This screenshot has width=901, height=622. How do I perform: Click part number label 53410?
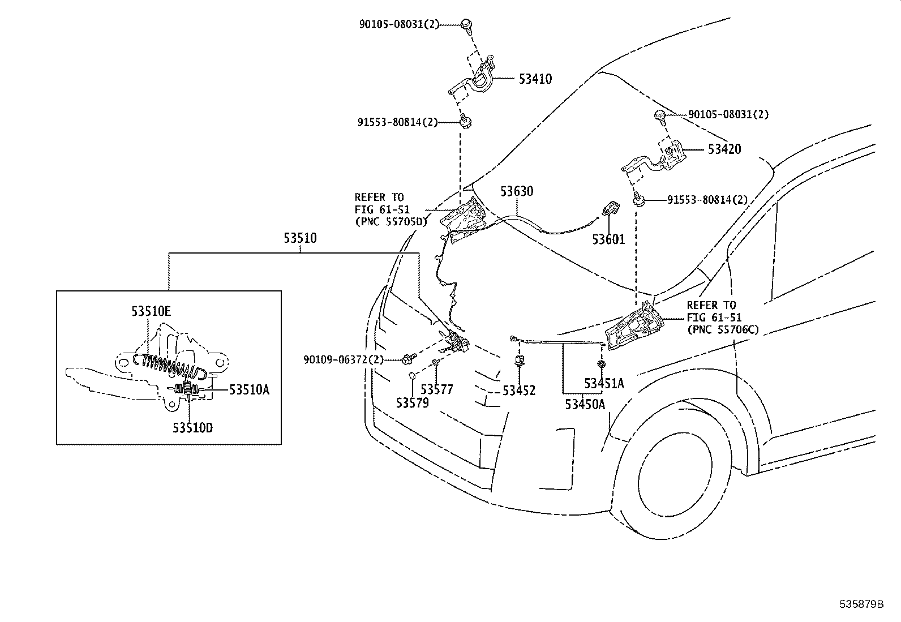535,79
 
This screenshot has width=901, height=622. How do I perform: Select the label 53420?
724,149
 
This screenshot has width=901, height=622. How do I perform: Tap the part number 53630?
516,191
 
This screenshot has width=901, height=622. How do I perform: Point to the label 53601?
608,239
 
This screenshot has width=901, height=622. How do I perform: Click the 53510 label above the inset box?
300,238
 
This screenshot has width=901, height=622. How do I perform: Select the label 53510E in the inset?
151,311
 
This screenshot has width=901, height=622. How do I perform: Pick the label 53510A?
249,389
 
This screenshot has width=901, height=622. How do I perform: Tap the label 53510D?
192,428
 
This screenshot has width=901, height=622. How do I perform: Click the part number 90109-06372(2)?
344,359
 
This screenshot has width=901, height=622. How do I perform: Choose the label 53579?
412,403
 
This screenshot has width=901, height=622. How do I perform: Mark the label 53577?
436,389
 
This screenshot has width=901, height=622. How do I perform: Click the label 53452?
518,391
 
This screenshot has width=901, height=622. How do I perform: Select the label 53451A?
604,384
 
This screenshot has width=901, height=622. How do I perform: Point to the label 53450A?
585,404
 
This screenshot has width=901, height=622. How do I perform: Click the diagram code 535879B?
861,604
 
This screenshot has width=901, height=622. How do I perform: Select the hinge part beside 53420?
657,159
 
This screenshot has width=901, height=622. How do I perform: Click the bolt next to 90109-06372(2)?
407,359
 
